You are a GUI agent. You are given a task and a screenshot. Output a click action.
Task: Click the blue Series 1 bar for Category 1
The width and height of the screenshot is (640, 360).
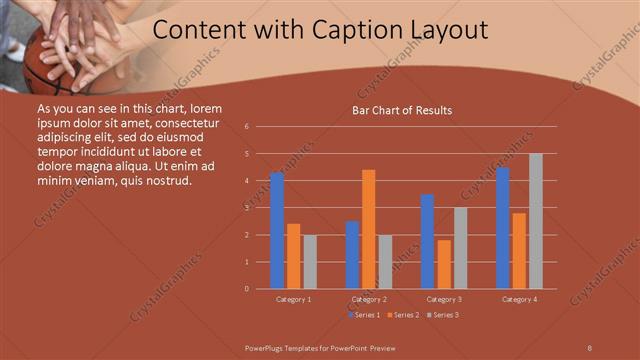pyautogui.click(x=277, y=231)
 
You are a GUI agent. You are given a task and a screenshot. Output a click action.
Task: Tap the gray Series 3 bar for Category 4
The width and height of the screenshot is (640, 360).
pyautogui.click(x=535, y=221)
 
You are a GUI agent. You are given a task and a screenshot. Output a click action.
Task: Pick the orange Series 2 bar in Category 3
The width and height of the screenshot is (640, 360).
pyautogui.click(x=444, y=264)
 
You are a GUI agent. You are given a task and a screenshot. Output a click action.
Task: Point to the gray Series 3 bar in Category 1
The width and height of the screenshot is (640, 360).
pyautogui.click(x=310, y=262)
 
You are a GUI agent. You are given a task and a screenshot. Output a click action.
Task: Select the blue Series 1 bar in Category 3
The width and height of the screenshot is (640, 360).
pyautogui.click(x=427, y=241)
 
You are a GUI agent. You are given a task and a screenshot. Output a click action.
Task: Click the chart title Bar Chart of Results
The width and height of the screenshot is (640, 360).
pyautogui.click(x=402, y=110)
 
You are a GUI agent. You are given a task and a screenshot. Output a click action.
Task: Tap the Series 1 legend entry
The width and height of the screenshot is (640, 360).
pyautogui.click(x=364, y=315)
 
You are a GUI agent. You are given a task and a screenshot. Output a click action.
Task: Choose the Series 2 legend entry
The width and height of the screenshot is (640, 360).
pyautogui.click(x=403, y=315)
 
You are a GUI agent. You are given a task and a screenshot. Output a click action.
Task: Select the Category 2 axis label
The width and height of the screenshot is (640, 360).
pyautogui.click(x=368, y=299)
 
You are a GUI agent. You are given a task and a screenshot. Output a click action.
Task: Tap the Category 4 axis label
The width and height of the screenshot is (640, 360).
pyautogui.click(x=519, y=299)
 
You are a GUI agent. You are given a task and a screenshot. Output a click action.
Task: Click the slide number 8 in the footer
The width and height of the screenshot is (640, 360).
pyautogui.click(x=589, y=347)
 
